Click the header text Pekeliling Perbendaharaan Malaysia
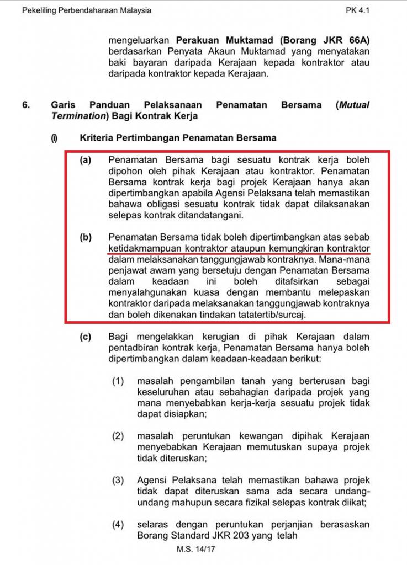[87, 10]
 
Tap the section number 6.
[27, 105]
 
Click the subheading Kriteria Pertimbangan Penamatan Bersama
[178, 137]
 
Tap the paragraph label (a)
[85, 160]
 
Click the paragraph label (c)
[85, 337]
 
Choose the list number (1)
[118, 381]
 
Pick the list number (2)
[118, 436]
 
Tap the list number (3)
[118, 481]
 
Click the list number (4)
[118, 525]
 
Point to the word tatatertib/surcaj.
[267, 314]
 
